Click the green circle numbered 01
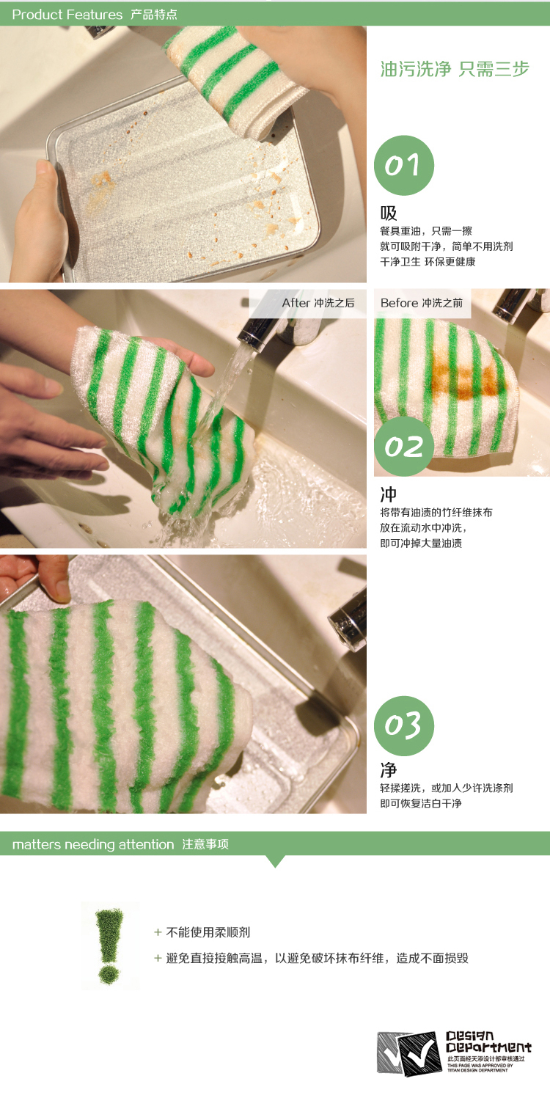pyautogui.click(x=404, y=165)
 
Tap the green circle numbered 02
pyautogui.click(x=404, y=446)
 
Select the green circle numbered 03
pyautogui.click(x=404, y=726)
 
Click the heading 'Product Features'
pyautogui.click(x=67, y=15)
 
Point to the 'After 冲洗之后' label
pyautogui.click(x=318, y=303)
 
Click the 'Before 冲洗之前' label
pyautogui.click(x=422, y=303)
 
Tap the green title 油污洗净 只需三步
pyautogui.click(x=455, y=69)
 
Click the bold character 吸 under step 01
pyautogui.click(x=388, y=213)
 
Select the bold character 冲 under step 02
pyautogui.click(x=388, y=494)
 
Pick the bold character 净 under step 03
pyautogui.click(x=388, y=770)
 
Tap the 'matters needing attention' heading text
pyautogui.click(x=93, y=844)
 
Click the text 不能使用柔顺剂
pyautogui.click(x=208, y=932)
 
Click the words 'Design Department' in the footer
pyautogui.click(x=488, y=1042)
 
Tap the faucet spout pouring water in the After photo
pyautogui.click(x=258, y=332)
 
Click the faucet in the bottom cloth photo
pyautogui.click(x=348, y=620)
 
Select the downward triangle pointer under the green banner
pyautogui.click(x=275, y=861)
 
